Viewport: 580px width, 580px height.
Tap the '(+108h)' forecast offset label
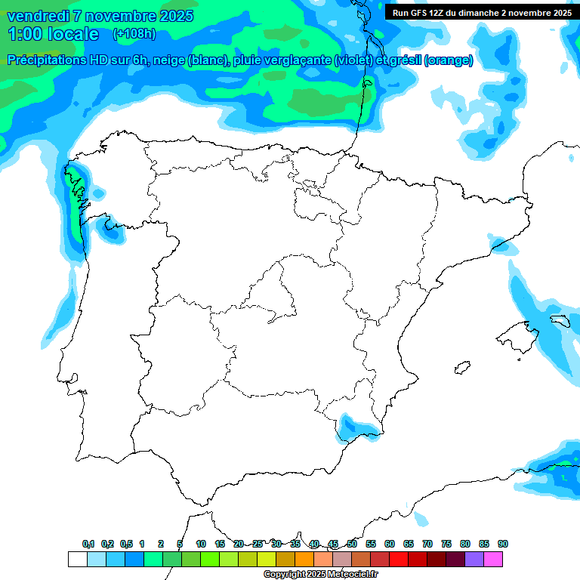click(134, 34)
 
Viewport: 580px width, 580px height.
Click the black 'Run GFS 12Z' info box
click(482, 12)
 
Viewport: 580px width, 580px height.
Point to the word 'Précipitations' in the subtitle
click(46, 60)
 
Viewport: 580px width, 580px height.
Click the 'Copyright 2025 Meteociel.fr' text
click(320, 574)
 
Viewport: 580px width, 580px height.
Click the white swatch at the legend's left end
click(77, 559)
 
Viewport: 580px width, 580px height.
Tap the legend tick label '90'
click(503, 544)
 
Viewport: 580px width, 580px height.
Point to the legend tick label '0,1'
click(88, 544)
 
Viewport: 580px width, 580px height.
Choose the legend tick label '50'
click(352, 544)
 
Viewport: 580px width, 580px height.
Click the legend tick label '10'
click(201, 544)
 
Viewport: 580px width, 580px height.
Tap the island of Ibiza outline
click(461, 368)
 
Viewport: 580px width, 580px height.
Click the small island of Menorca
click(560, 320)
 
